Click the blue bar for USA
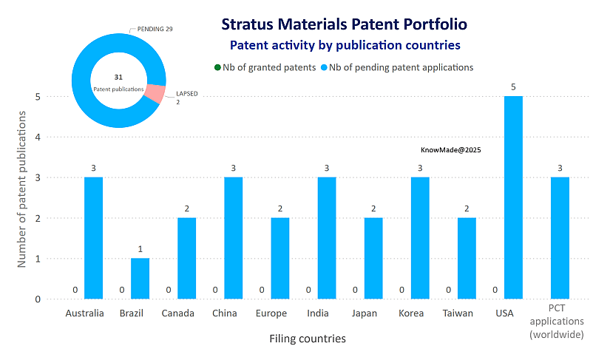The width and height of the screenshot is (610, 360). [x=513, y=197]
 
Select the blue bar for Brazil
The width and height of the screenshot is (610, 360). [x=140, y=279]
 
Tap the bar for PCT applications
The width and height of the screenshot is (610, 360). [x=560, y=238]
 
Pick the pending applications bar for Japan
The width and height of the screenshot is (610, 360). [x=373, y=258]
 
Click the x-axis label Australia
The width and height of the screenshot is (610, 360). [x=84, y=313]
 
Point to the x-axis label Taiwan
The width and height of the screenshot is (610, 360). [x=458, y=313]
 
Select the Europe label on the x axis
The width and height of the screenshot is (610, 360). [x=271, y=313]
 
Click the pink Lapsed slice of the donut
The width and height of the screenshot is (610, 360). [x=154, y=93]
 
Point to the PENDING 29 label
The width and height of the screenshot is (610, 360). [x=155, y=29]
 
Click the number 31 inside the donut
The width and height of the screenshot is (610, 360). [x=118, y=77]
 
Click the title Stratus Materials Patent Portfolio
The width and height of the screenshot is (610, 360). [x=344, y=24]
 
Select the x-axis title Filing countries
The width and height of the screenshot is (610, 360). [x=306, y=339]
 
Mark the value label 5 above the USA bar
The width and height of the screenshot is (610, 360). [x=513, y=87]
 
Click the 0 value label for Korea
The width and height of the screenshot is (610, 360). [x=401, y=290]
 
